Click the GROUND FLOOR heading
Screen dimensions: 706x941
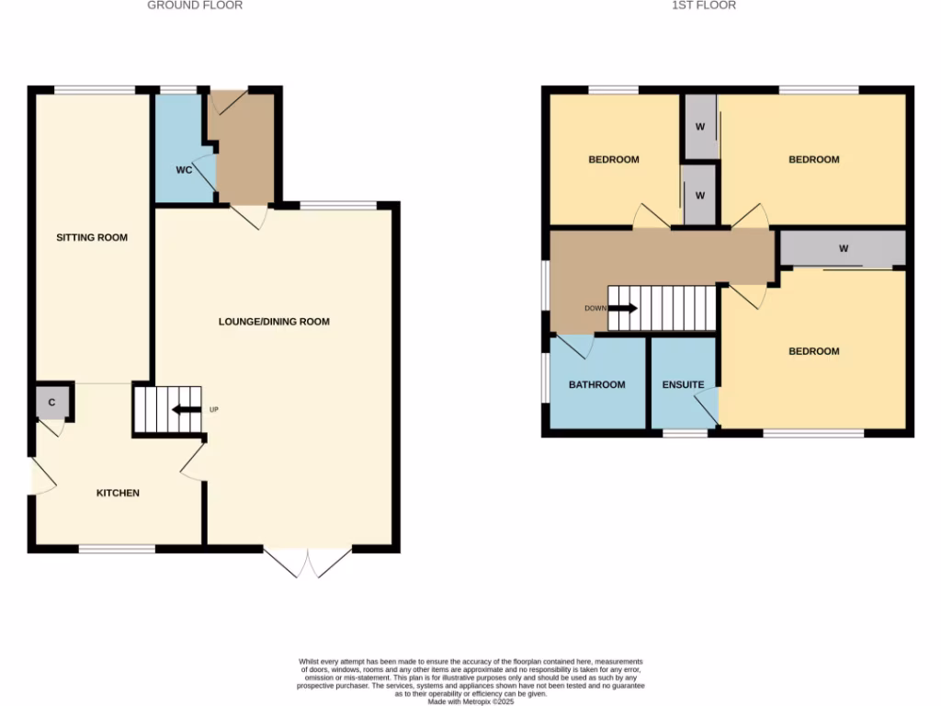[195, 6]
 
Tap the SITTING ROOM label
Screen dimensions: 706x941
[92, 238]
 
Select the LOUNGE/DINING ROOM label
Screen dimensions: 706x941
[274, 322]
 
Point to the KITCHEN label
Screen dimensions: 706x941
[119, 494]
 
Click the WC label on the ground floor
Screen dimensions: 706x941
[184, 171]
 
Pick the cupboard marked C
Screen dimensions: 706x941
[51, 403]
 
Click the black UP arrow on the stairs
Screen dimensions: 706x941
[187, 410]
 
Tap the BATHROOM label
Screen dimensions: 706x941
[596, 385]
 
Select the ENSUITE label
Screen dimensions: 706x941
[683, 385]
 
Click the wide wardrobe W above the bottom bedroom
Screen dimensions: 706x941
[842, 248]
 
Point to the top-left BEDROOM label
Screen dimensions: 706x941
[613, 160]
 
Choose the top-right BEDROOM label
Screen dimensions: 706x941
[813, 160]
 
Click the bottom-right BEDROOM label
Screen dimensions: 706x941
[813, 352]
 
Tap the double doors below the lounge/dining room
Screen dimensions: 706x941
[308, 562]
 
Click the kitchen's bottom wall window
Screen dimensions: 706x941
[117, 549]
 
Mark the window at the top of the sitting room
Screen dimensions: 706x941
[96, 90]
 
